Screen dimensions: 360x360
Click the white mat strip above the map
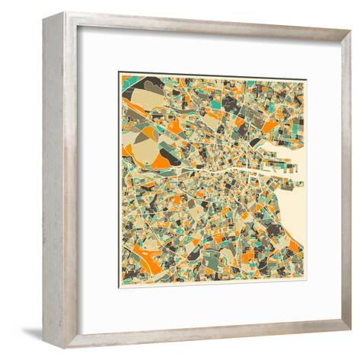pyautogui.click(x=213, y=61)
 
